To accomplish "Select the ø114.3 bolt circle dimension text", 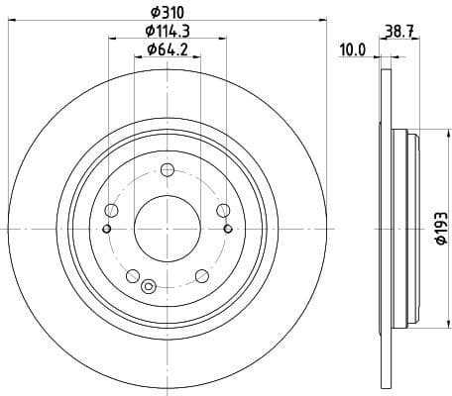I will (168, 32).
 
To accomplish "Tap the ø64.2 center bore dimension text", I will (168, 49).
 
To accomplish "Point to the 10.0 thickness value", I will (353, 47).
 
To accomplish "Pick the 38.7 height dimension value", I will (398, 32).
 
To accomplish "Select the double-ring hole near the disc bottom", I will (149, 287).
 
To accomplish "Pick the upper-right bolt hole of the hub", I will (223, 209).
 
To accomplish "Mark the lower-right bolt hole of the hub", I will (201, 274).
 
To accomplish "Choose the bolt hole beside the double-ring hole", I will (133, 274).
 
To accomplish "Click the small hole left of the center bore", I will (107, 229).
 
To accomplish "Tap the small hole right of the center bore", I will (228, 229).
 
